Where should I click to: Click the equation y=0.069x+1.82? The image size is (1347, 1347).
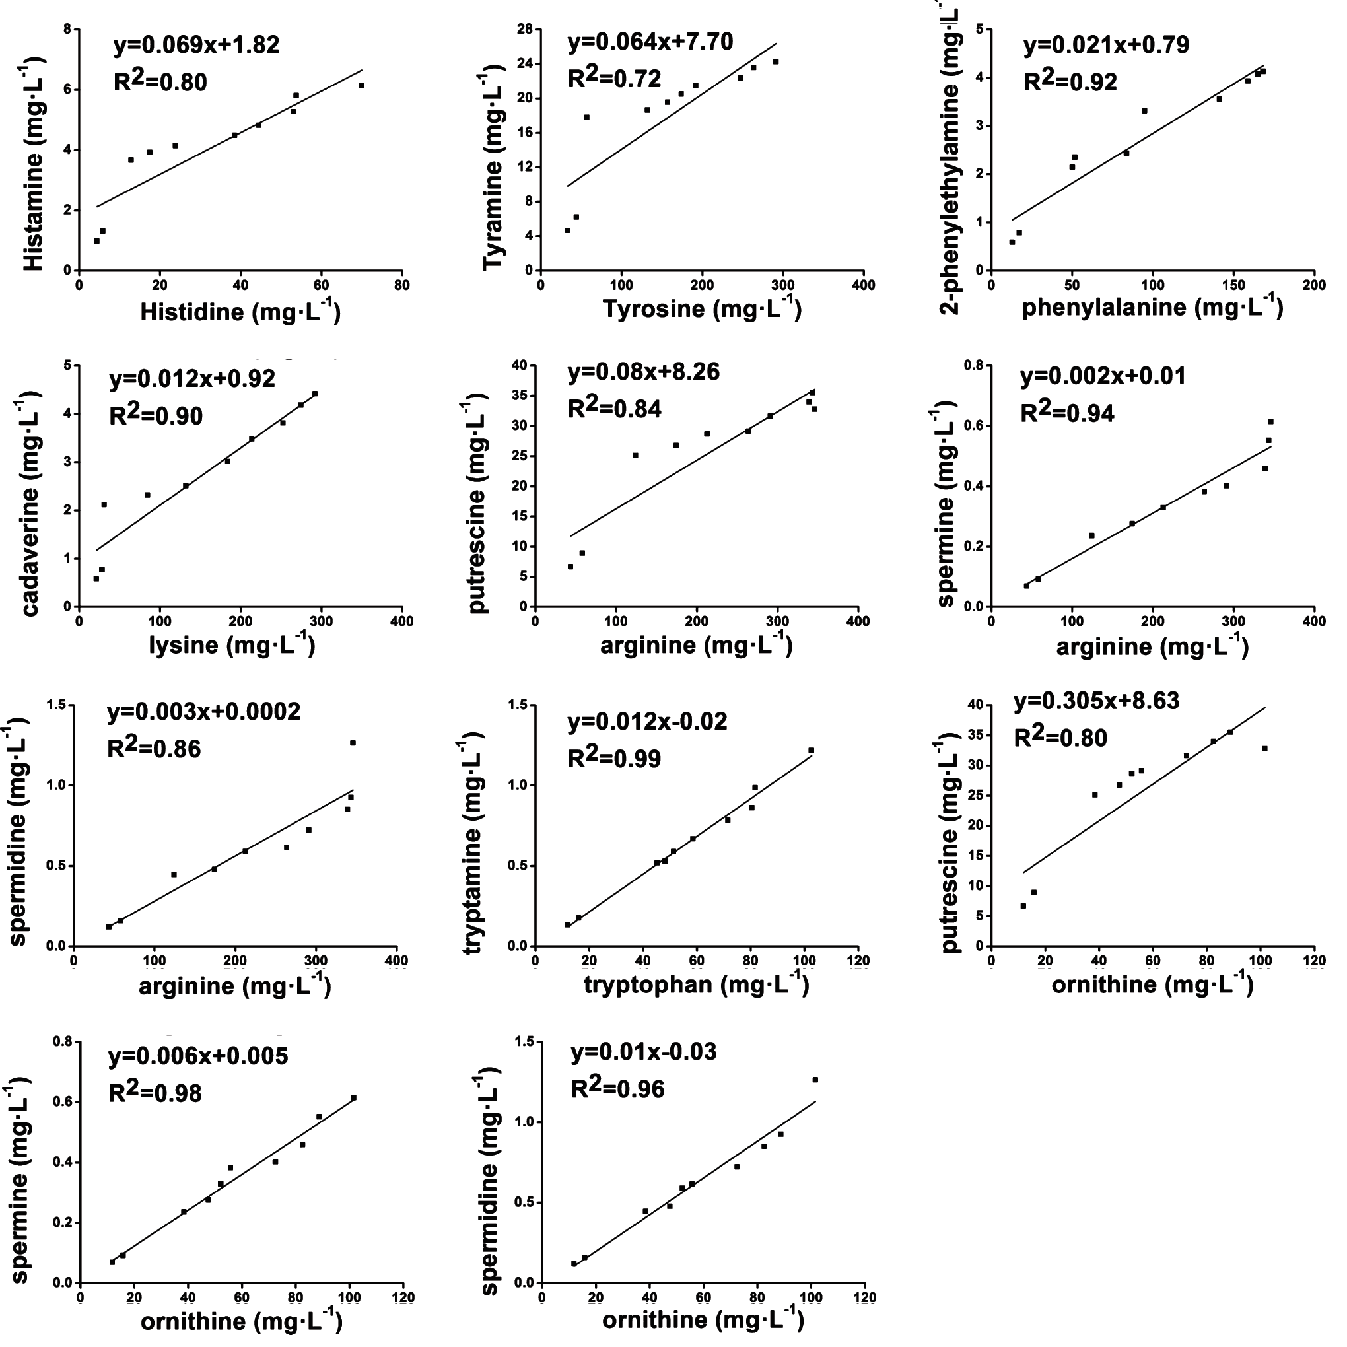(x=196, y=45)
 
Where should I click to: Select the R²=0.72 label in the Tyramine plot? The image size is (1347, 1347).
(x=614, y=78)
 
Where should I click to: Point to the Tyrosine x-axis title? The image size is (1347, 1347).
(x=701, y=308)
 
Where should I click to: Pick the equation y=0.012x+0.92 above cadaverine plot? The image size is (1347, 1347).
(x=191, y=378)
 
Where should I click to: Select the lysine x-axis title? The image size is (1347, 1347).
(x=232, y=645)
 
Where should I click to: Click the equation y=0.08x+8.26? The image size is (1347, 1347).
(x=644, y=372)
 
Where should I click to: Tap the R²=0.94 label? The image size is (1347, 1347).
(x=1067, y=413)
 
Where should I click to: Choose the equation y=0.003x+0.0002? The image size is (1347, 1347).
(x=203, y=712)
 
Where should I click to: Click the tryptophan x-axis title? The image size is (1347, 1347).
(x=696, y=984)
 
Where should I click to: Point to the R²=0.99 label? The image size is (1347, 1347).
(x=614, y=758)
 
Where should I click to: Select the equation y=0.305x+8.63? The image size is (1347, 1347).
(x=1096, y=701)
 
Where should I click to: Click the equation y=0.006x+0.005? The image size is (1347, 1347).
(x=198, y=1056)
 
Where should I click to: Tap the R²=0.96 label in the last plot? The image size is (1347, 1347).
(x=618, y=1088)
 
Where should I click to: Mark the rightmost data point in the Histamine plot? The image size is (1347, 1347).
(x=361, y=85)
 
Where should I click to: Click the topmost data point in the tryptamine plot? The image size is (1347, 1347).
(x=811, y=750)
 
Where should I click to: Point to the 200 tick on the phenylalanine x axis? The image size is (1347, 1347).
(x=1314, y=285)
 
